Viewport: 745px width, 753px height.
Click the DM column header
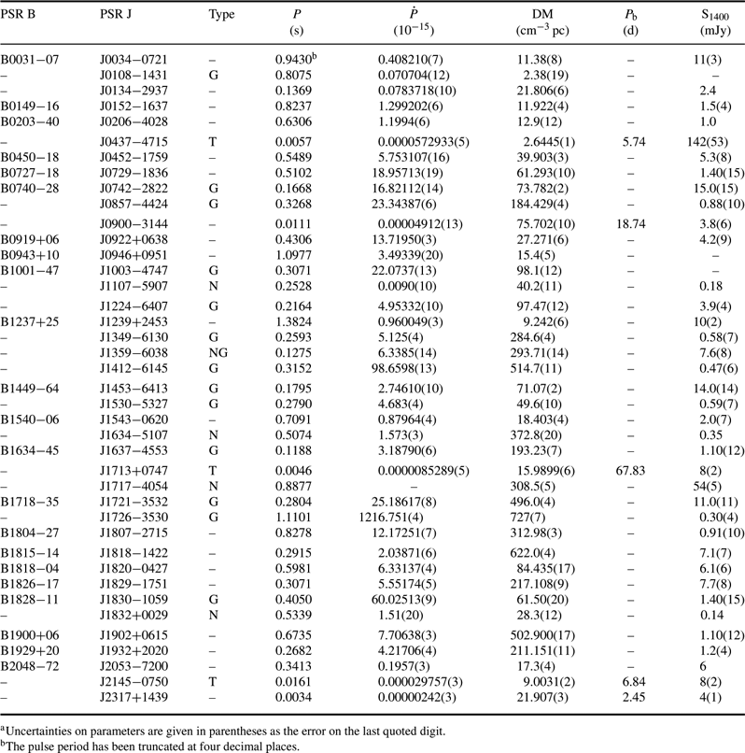click(542, 14)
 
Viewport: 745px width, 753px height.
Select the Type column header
click(221, 15)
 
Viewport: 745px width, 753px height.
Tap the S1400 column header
click(715, 15)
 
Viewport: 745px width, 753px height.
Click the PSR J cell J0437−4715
click(134, 142)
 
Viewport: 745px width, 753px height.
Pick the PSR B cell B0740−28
click(30, 189)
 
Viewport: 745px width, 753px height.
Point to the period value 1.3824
click(293, 321)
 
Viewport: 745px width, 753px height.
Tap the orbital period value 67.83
click(630, 471)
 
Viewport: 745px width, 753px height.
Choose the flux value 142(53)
click(708, 142)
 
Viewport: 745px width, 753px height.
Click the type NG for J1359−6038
click(218, 353)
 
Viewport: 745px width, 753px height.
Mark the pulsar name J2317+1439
click(134, 697)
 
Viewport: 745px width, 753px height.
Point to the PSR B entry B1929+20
click(30, 651)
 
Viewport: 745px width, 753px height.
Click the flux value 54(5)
click(707, 487)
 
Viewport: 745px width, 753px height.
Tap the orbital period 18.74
click(631, 224)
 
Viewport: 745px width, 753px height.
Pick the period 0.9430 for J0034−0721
click(293, 60)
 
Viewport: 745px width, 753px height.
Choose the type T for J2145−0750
click(213, 682)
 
